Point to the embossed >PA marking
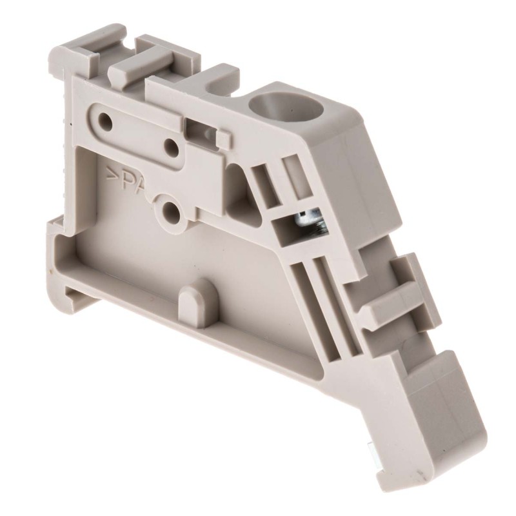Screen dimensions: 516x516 coord(129,181)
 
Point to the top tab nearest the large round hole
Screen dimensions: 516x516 coord(193,81)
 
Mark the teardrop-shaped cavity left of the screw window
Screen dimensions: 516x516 coord(242,193)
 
